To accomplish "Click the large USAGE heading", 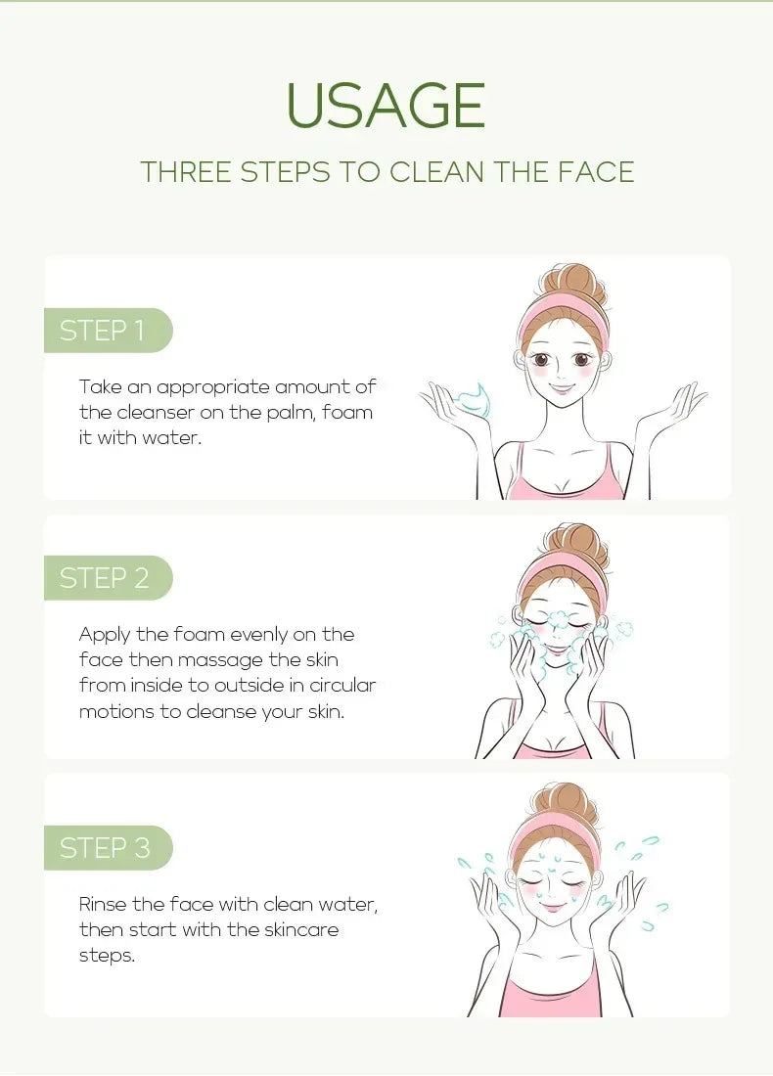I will click(x=386, y=106).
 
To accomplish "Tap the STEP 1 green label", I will click(x=104, y=331).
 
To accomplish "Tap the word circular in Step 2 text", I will click(x=339, y=686).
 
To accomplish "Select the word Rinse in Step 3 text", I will click(x=103, y=905).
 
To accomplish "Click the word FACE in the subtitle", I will click(x=597, y=172).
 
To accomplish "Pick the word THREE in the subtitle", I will click(x=185, y=172).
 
